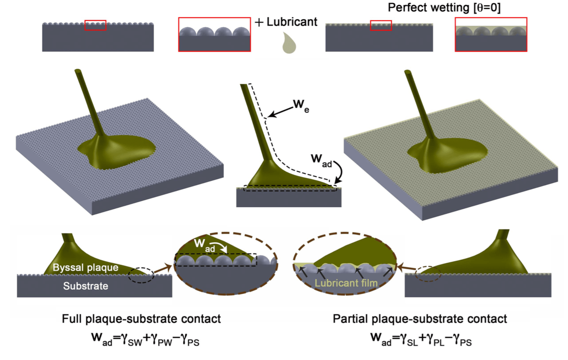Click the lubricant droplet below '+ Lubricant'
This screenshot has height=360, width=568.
(289, 44)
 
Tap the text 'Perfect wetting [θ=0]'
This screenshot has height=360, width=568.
(444, 8)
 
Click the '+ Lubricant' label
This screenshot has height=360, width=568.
(286, 22)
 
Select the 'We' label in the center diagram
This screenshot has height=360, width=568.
(301, 105)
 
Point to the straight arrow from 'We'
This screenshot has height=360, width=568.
(280, 112)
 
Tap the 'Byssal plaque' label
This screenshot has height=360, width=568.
(85, 267)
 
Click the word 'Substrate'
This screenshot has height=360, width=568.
(86, 286)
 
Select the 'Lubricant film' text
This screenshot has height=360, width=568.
(346, 283)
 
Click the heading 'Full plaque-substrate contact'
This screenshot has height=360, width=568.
(141, 319)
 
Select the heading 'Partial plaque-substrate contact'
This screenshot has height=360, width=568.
(420, 319)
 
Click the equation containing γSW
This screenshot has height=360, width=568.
(145, 339)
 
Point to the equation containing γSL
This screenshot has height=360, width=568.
(421, 339)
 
